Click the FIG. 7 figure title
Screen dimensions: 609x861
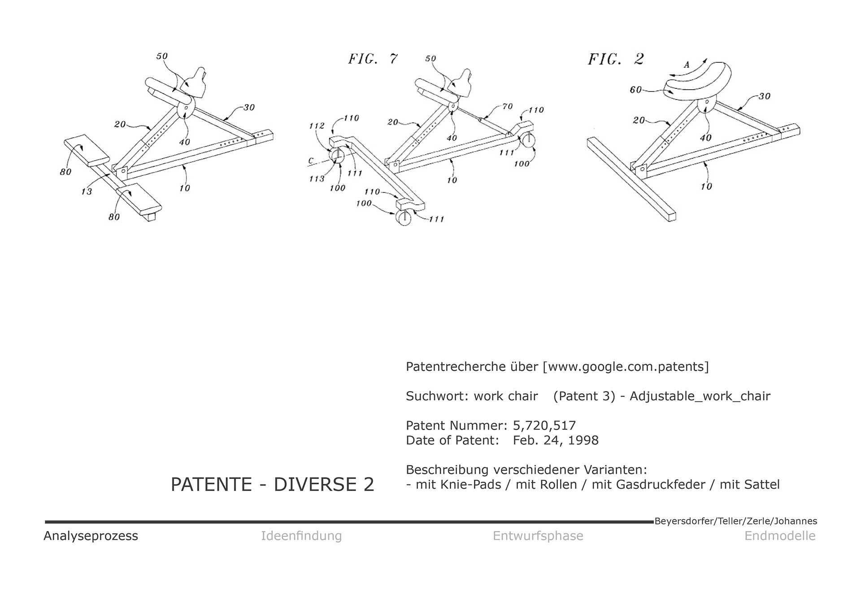(x=373, y=59)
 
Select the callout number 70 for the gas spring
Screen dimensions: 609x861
(x=507, y=106)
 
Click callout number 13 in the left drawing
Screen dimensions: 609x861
(x=87, y=191)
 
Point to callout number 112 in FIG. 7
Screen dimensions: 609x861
(x=317, y=126)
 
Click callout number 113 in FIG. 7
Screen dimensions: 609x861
(x=317, y=179)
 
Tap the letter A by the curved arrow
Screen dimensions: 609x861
(x=687, y=65)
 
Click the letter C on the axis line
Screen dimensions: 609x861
(x=311, y=161)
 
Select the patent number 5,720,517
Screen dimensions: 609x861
(x=544, y=425)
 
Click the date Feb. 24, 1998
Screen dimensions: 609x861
(x=556, y=440)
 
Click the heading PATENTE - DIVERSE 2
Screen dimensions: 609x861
(x=272, y=484)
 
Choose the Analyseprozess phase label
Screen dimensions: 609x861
(x=91, y=535)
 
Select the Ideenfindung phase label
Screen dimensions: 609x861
(x=301, y=535)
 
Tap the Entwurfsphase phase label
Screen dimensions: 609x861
(x=538, y=535)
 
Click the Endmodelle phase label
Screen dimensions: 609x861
(x=780, y=535)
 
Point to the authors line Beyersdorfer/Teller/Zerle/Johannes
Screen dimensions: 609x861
(x=735, y=521)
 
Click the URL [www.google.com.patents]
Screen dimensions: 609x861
(x=626, y=366)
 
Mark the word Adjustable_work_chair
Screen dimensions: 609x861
(x=700, y=396)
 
